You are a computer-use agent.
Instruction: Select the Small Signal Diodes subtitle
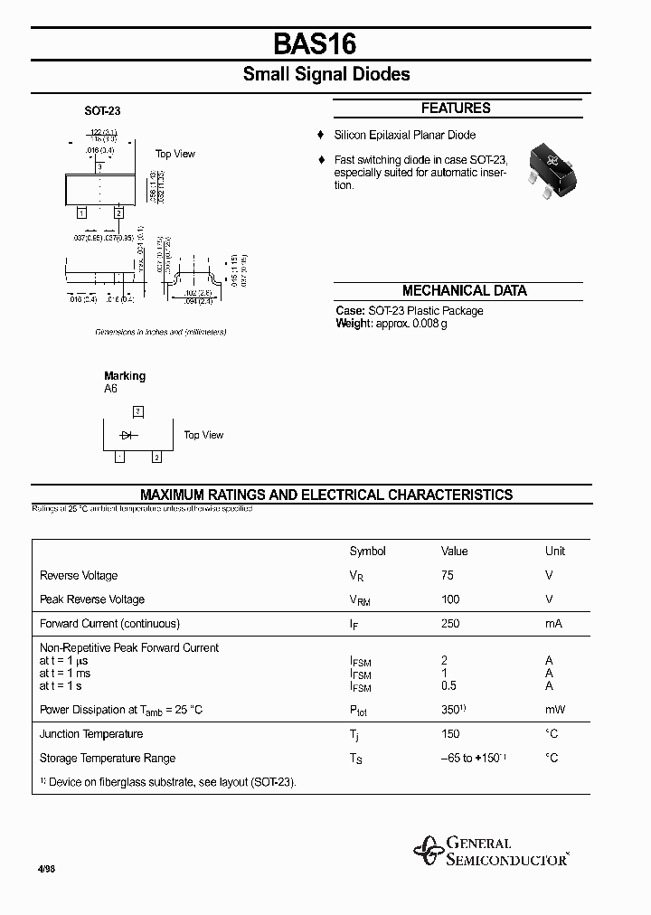pos(325,74)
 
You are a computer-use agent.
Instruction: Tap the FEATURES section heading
pos(456,108)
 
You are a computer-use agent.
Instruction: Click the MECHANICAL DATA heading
pos(464,291)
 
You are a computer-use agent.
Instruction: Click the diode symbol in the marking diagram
pos(127,435)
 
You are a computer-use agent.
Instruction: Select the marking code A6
pos(110,389)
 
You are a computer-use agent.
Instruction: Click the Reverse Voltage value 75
pos(448,575)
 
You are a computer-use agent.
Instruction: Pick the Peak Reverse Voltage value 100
pos(450,599)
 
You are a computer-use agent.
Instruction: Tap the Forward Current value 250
pos(450,624)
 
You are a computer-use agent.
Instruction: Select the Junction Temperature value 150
pos(450,734)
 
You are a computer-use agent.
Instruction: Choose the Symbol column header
pos(367,551)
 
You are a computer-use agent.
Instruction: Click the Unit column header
pos(555,551)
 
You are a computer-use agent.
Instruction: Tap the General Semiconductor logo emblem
pos(428,851)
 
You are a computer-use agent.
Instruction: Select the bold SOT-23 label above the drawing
pos(102,111)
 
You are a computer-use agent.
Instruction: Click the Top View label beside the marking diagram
pos(203,435)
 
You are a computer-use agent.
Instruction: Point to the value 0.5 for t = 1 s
pos(448,685)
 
